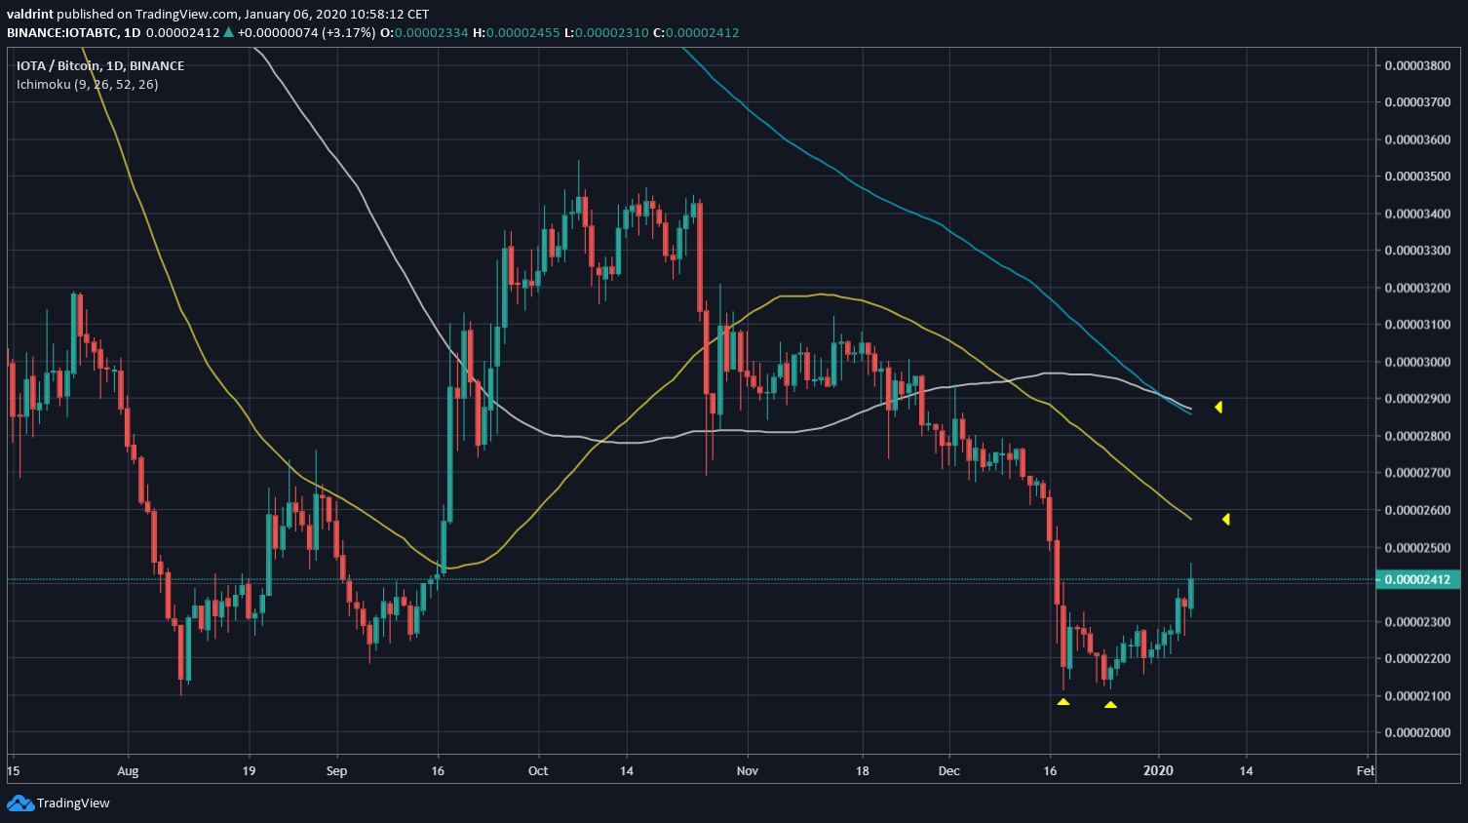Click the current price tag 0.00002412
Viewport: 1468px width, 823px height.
[x=1417, y=579]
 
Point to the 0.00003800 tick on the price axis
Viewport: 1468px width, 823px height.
[x=1417, y=65]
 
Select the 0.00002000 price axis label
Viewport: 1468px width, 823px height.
[x=1417, y=732]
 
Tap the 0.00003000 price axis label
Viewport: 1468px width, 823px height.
[x=1417, y=362]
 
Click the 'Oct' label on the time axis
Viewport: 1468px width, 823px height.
[x=538, y=770]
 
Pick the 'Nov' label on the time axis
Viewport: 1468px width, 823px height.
[x=748, y=770]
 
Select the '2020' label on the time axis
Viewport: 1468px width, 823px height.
[x=1158, y=770]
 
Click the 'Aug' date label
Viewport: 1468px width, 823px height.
[x=128, y=770]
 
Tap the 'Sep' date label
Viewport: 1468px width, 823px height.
[x=336, y=770]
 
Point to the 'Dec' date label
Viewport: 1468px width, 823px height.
[x=948, y=770]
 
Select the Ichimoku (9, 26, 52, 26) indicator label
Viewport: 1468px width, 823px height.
[x=87, y=84]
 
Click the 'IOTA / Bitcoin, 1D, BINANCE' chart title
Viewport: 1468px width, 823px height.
[x=100, y=65]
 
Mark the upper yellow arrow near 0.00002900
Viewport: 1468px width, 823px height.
[x=1218, y=407]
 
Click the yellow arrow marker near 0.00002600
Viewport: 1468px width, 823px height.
[x=1225, y=519]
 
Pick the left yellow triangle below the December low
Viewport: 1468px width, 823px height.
[x=1062, y=701]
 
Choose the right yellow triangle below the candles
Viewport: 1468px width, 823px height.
[x=1110, y=704]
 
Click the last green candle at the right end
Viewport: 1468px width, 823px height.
[x=1190, y=593]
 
